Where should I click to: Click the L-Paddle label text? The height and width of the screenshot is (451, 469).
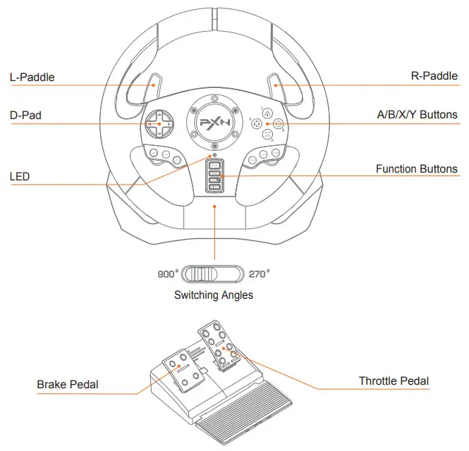[32, 77]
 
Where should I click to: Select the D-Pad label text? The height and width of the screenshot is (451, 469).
[25, 114]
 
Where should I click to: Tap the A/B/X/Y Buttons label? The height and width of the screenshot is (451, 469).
[417, 114]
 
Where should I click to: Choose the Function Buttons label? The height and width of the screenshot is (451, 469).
[416, 169]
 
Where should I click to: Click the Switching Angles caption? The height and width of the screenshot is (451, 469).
[214, 295]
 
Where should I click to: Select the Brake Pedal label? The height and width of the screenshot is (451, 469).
[68, 385]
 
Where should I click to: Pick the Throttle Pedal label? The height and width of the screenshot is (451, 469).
[394, 381]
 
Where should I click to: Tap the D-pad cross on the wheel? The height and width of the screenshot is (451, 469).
[159, 123]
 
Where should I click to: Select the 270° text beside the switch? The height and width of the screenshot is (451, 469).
[259, 273]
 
